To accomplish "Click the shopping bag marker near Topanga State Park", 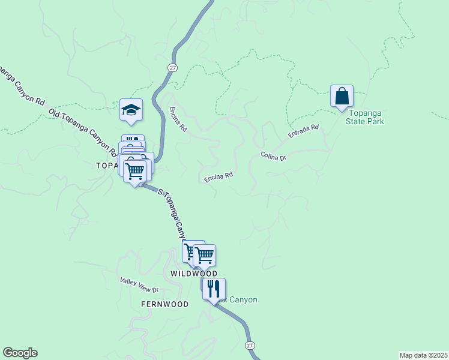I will coord(342,97).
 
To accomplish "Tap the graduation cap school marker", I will coord(131,110).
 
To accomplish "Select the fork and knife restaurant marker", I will coord(214,289).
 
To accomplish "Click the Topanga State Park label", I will coord(364,117).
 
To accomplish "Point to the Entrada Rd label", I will coord(303,132).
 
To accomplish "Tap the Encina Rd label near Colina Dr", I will coord(218,178).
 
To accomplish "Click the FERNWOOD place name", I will coord(164,304).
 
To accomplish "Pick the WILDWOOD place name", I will coord(193,273).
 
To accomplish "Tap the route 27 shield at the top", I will coord(173,67).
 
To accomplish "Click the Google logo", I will coord(20,353).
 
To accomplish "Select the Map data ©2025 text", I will coord(423,355).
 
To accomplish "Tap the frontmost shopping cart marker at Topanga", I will coord(135,170).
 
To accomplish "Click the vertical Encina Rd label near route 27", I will coord(178,119).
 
